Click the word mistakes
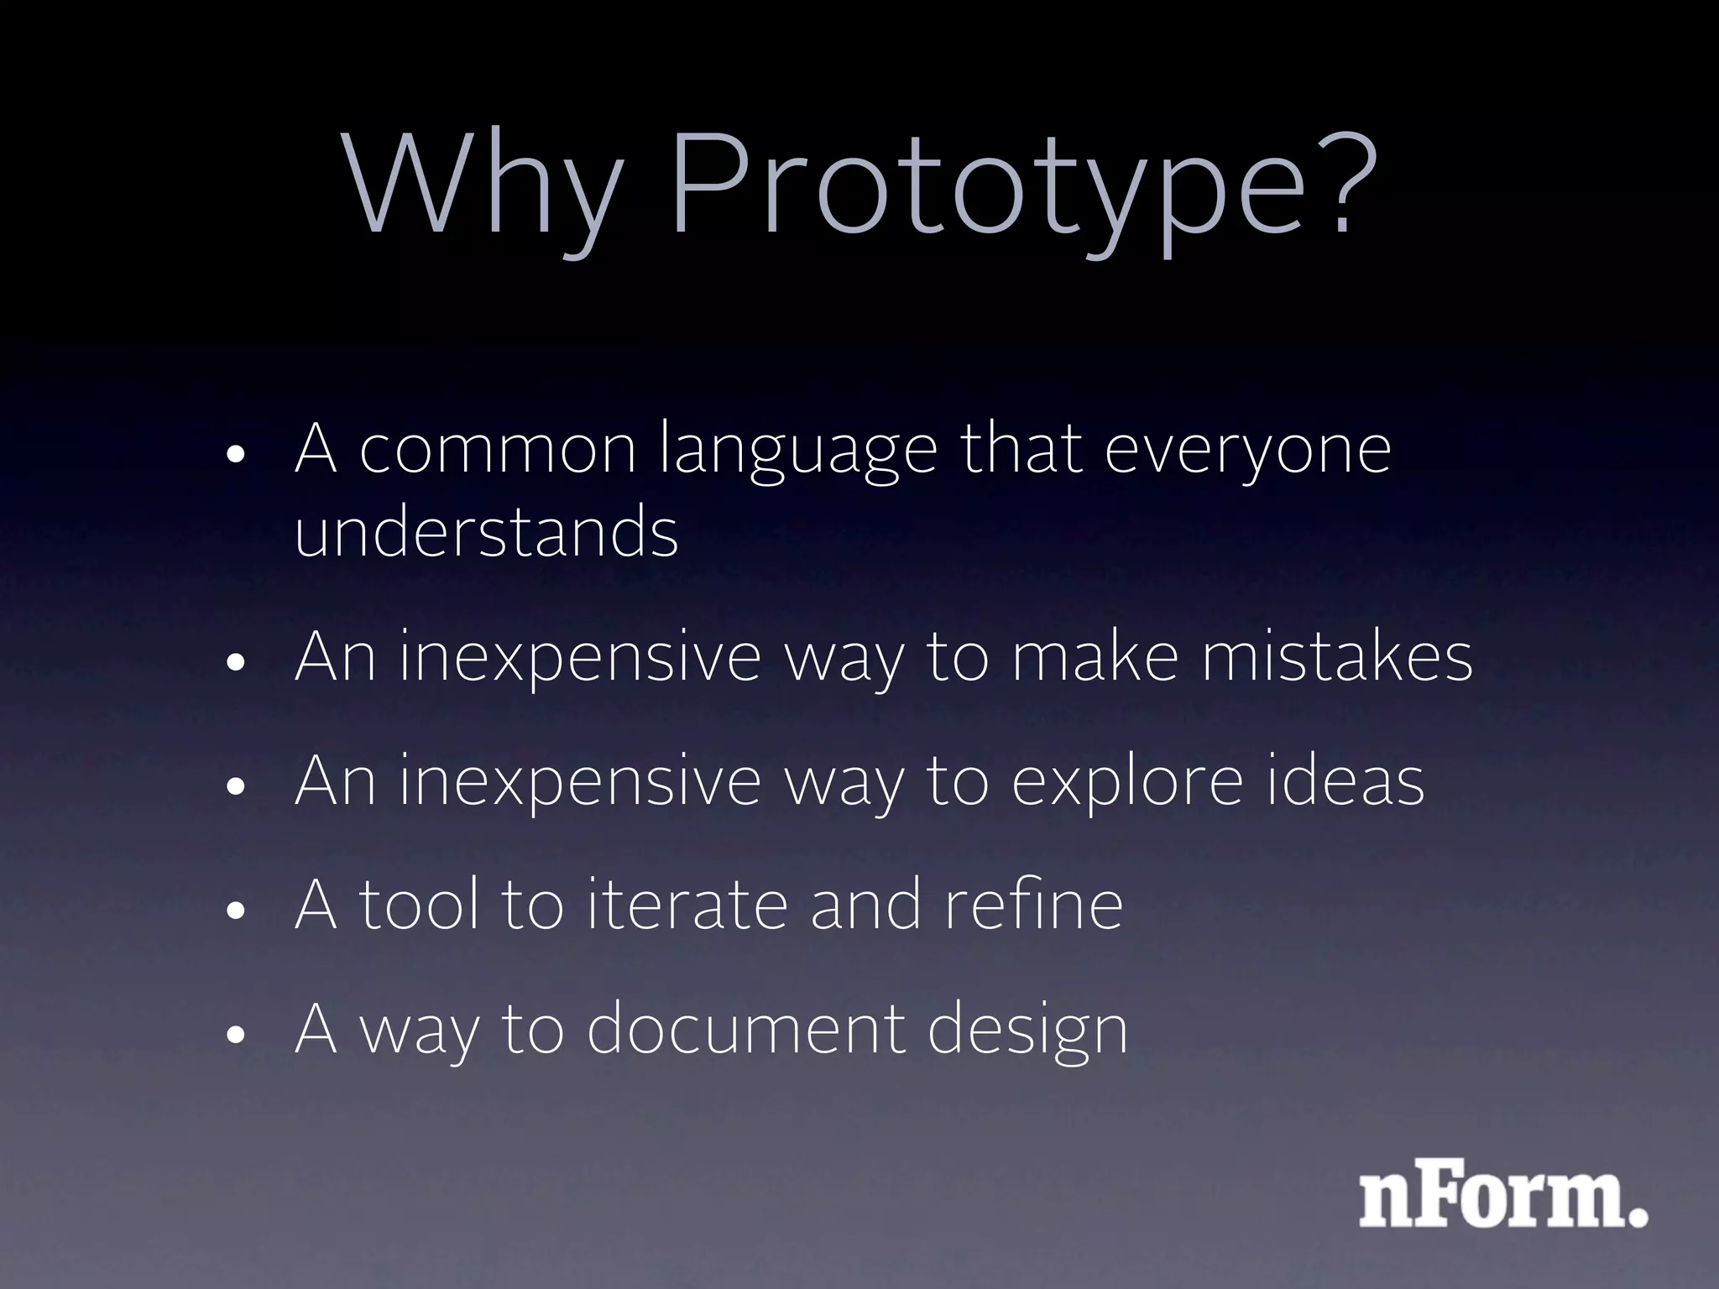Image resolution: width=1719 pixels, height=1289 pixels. [x=1336, y=656]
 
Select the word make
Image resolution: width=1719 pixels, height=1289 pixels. [x=1095, y=656]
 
